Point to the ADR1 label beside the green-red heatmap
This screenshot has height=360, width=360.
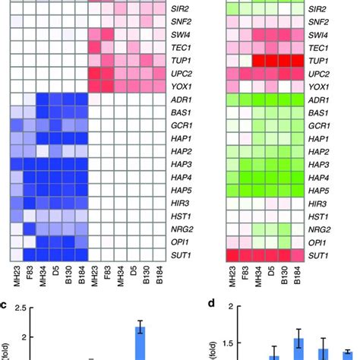[x=335, y=100]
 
